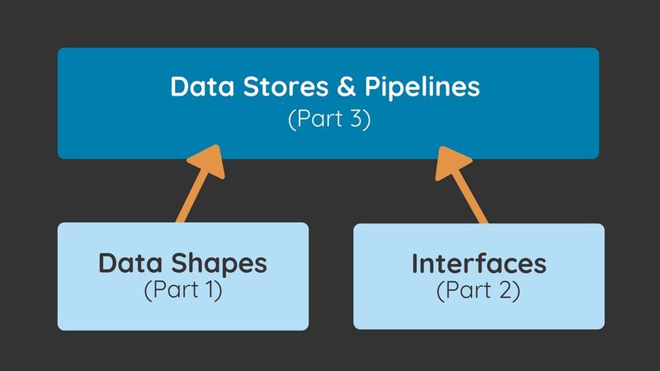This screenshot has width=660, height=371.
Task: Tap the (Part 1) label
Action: pos(182,291)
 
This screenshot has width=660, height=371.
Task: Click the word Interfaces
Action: pos(478,264)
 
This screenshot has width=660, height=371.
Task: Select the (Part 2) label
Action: pos(478,291)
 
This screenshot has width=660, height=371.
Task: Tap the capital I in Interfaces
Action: pos(415,264)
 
